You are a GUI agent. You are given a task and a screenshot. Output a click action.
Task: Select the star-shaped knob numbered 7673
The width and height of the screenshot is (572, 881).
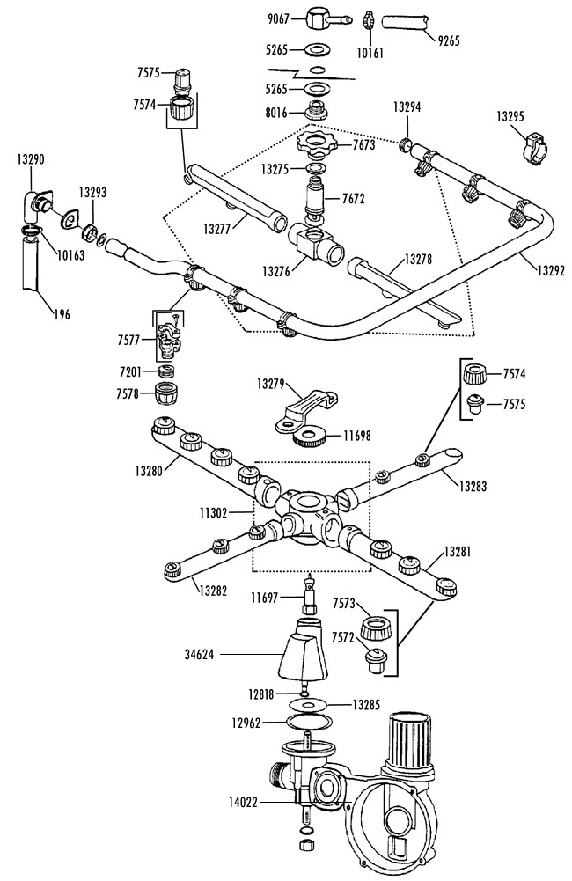point(318,142)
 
